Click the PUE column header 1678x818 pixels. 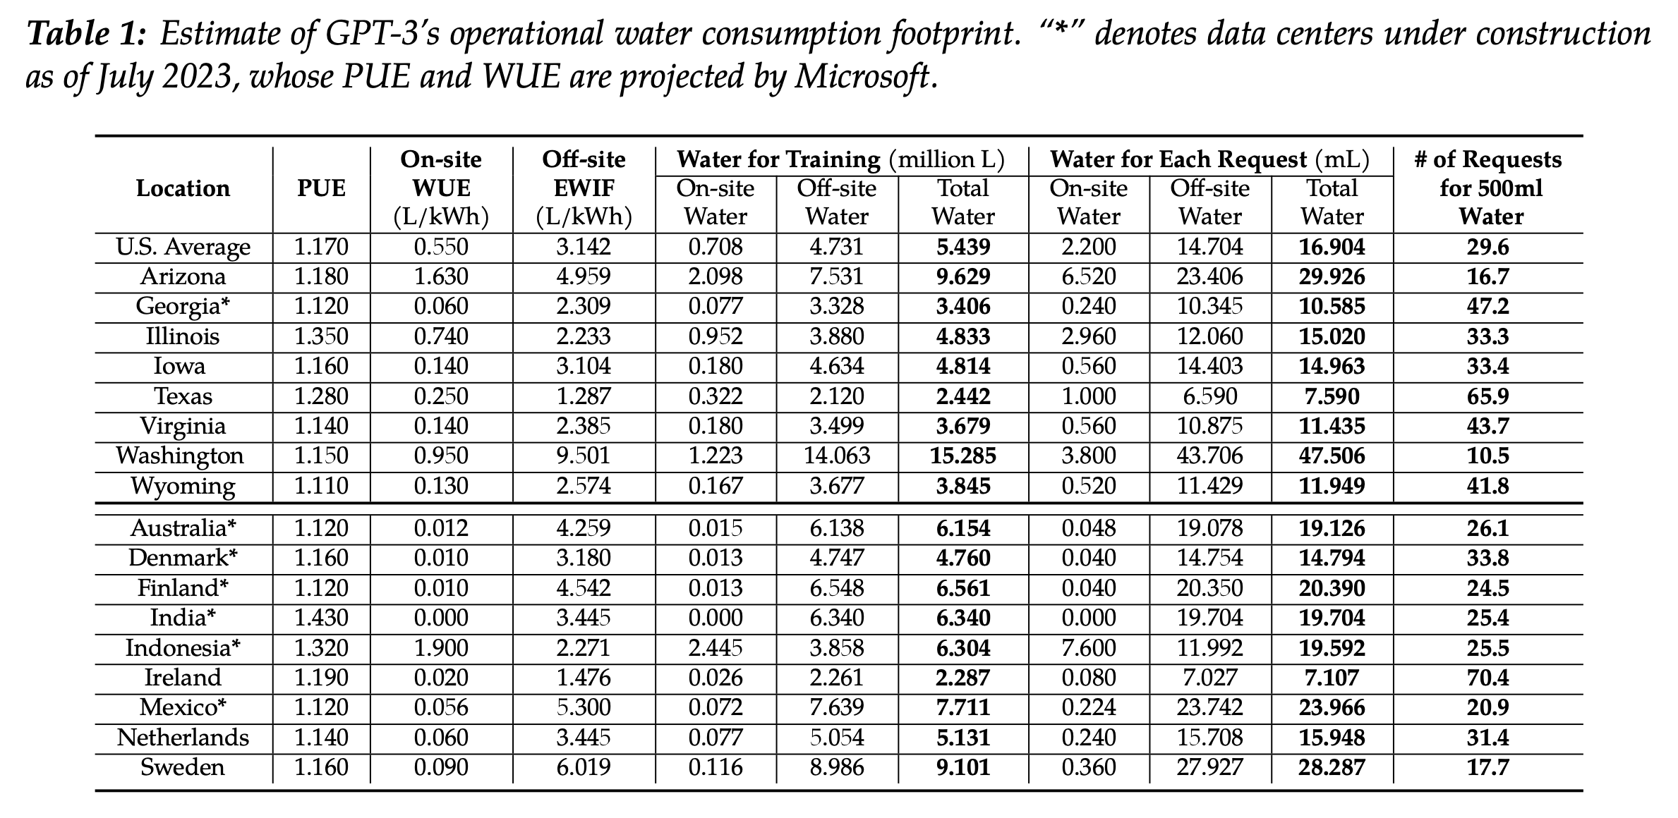coord(321,188)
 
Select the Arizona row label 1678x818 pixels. coord(183,276)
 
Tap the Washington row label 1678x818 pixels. coord(180,456)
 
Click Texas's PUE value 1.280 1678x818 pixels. coord(321,396)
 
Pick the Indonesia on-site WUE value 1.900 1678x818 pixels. coord(441,647)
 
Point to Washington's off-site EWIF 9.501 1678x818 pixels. coord(584,456)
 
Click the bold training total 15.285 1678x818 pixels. coord(963,456)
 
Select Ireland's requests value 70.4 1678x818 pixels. coord(1487,678)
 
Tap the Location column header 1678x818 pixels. coord(183,188)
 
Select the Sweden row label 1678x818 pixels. coord(183,767)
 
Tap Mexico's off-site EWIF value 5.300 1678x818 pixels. coord(584,707)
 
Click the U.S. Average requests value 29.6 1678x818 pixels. coord(1487,247)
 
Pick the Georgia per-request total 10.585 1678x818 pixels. coord(1332,307)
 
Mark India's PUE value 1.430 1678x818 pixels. coord(321,618)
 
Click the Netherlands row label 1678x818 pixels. coord(183,738)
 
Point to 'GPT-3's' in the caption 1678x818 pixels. coord(370,35)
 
